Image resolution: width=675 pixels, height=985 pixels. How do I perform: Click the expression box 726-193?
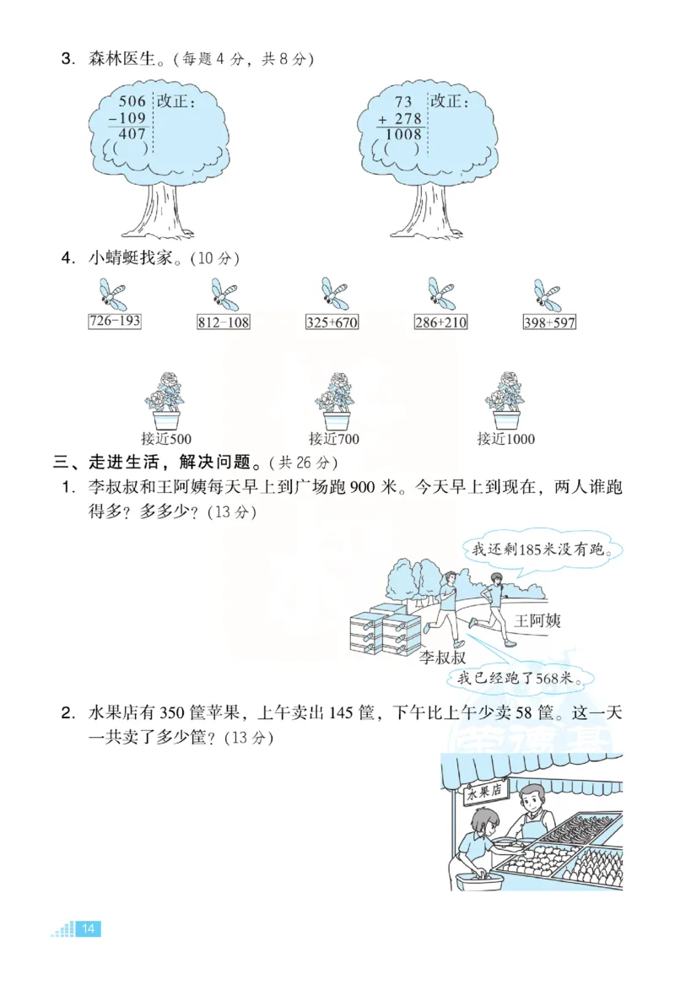tap(115, 322)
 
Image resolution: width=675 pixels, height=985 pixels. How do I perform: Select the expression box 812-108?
tap(224, 322)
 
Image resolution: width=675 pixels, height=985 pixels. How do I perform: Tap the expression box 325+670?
tap(332, 322)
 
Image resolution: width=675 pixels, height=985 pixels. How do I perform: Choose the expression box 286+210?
tap(440, 322)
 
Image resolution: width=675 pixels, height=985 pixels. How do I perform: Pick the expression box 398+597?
tap(549, 322)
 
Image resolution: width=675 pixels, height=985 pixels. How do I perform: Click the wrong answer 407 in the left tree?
tap(132, 133)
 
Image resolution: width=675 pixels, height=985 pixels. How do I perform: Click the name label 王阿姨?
tap(537, 621)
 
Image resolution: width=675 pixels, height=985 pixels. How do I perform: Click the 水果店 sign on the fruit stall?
tap(484, 791)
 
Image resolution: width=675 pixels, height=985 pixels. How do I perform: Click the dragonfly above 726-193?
tap(111, 295)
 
